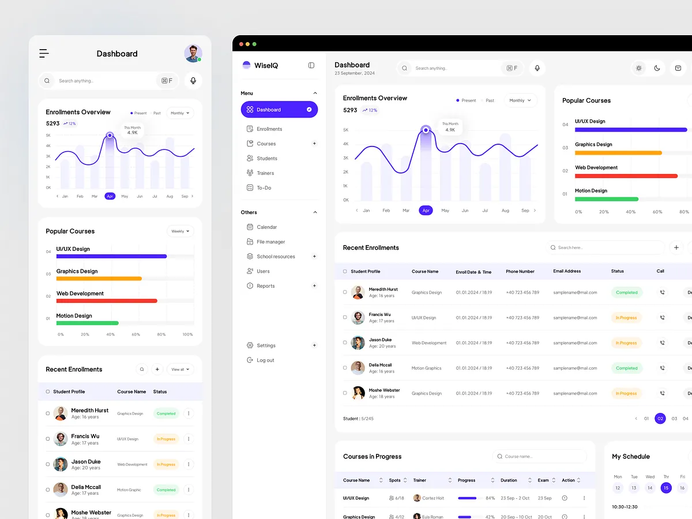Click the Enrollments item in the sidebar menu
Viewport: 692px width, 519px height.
(269, 129)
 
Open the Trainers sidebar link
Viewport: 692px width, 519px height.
(265, 173)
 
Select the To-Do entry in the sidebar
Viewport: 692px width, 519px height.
(264, 188)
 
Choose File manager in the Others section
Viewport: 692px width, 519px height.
(270, 242)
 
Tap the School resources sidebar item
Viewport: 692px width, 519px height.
(275, 257)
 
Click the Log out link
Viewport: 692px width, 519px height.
(265, 360)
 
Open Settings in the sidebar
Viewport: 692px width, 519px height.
(265, 345)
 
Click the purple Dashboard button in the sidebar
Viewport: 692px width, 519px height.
(279, 110)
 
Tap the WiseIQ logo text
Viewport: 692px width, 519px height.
(266, 66)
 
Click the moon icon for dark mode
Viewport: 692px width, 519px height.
(657, 68)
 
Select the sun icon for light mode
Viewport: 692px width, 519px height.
(638, 68)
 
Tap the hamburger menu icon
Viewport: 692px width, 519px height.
(44, 54)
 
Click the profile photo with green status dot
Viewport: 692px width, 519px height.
(193, 54)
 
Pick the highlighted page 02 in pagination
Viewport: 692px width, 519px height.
(660, 419)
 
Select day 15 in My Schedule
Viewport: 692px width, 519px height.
(666, 488)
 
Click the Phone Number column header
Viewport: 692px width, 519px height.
(520, 272)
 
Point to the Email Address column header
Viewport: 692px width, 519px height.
(567, 272)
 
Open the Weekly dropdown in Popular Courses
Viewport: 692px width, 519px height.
(180, 231)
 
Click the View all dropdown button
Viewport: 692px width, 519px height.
(180, 370)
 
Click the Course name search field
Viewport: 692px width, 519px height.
(542, 457)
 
